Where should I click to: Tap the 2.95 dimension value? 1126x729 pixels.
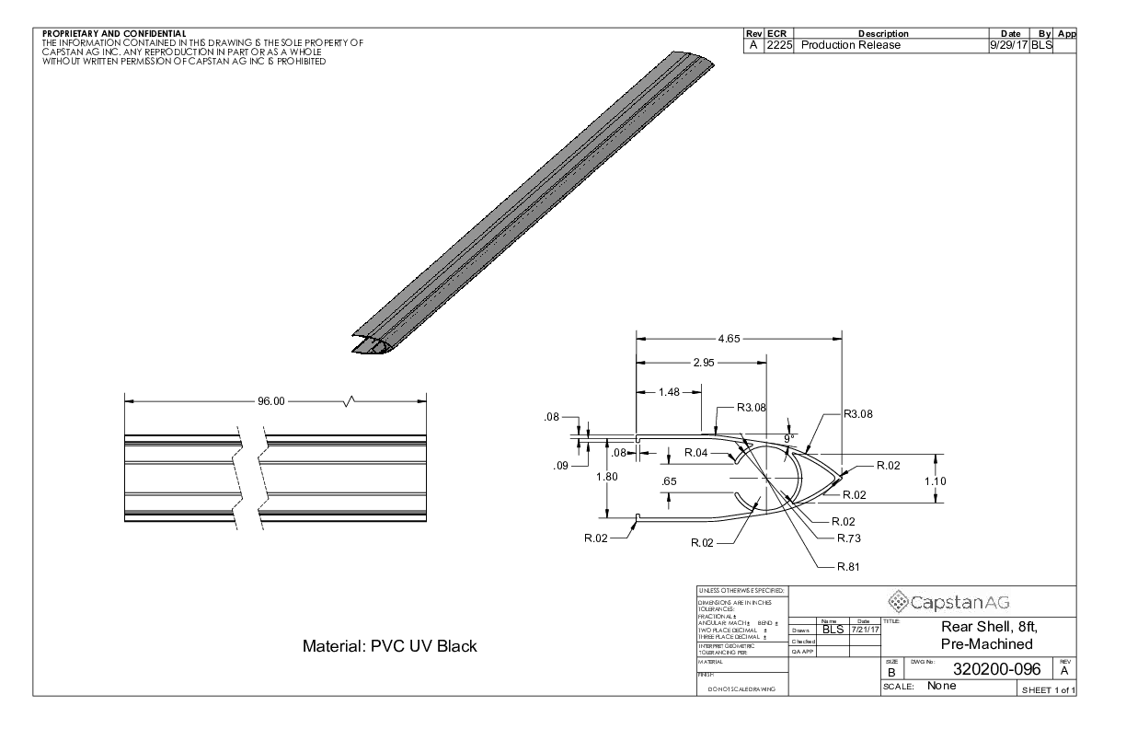(704, 363)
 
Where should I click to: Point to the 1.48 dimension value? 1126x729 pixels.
(669, 393)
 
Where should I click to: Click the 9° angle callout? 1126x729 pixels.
(787, 438)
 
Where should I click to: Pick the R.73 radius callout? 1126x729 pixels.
(848, 537)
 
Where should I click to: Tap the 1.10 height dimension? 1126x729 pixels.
(936, 480)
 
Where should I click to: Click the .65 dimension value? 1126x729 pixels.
(669, 480)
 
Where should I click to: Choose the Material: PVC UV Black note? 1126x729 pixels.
(390, 646)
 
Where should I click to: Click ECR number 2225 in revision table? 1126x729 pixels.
(779, 44)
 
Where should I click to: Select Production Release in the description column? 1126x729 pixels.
(850, 44)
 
